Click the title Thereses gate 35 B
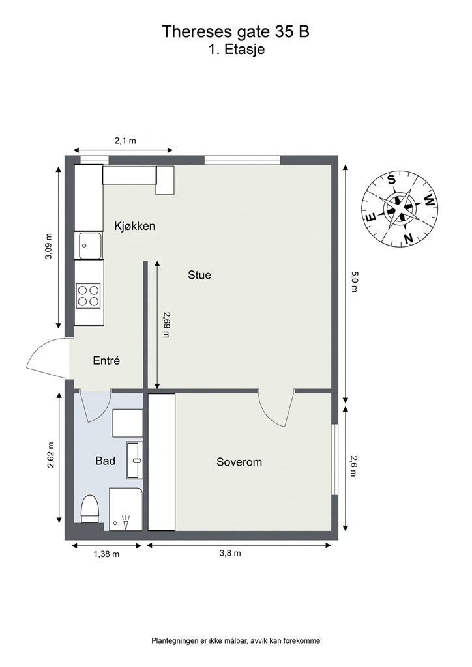[x=235, y=32]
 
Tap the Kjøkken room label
[x=134, y=226]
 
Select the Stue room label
[x=199, y=276]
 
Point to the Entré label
[x=106, y=361]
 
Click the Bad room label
[x=105, y=461]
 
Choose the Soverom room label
[x=239, y=462]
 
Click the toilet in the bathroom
[x=90, y=509]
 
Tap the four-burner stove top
[x=89, y=296]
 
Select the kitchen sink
[x=89, y=245]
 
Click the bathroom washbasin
[x=136, y=460]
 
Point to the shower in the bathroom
[x=126, y=509]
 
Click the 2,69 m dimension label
[x=166, y=324]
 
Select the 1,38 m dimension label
[x=106, y=554]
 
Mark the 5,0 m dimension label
[x=354, y=282]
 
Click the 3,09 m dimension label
[x=49, y=246]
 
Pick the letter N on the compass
[x=409, y=238]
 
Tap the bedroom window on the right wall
[x=334, y=459]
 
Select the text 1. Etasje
[x=236, y=50]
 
